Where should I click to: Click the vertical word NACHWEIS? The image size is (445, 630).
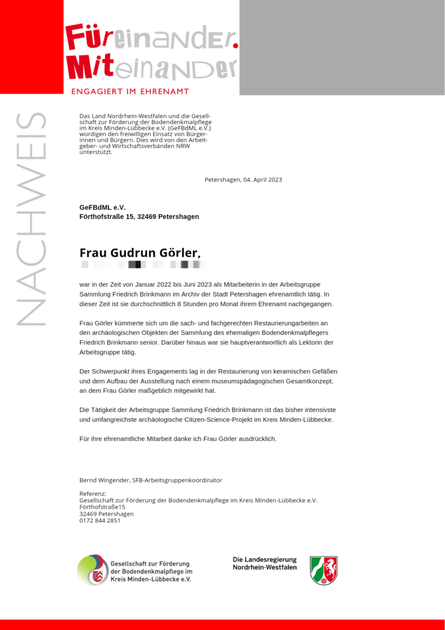30,218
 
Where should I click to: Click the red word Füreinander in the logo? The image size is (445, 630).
151,38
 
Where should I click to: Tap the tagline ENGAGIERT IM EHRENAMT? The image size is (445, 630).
130,92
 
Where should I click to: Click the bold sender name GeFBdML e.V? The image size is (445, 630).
102,207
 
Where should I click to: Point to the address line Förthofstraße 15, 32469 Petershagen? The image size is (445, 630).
139,217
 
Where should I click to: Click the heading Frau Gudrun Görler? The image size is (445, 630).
140,253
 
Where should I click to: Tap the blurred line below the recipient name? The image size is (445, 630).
142,265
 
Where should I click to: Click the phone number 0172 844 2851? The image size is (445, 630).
100,520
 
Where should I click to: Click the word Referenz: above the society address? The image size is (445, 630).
93,493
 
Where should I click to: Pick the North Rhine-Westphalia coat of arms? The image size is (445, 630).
323,570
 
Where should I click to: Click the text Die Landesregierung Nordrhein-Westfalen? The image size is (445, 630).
264,564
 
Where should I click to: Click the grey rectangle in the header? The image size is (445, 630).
342,47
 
